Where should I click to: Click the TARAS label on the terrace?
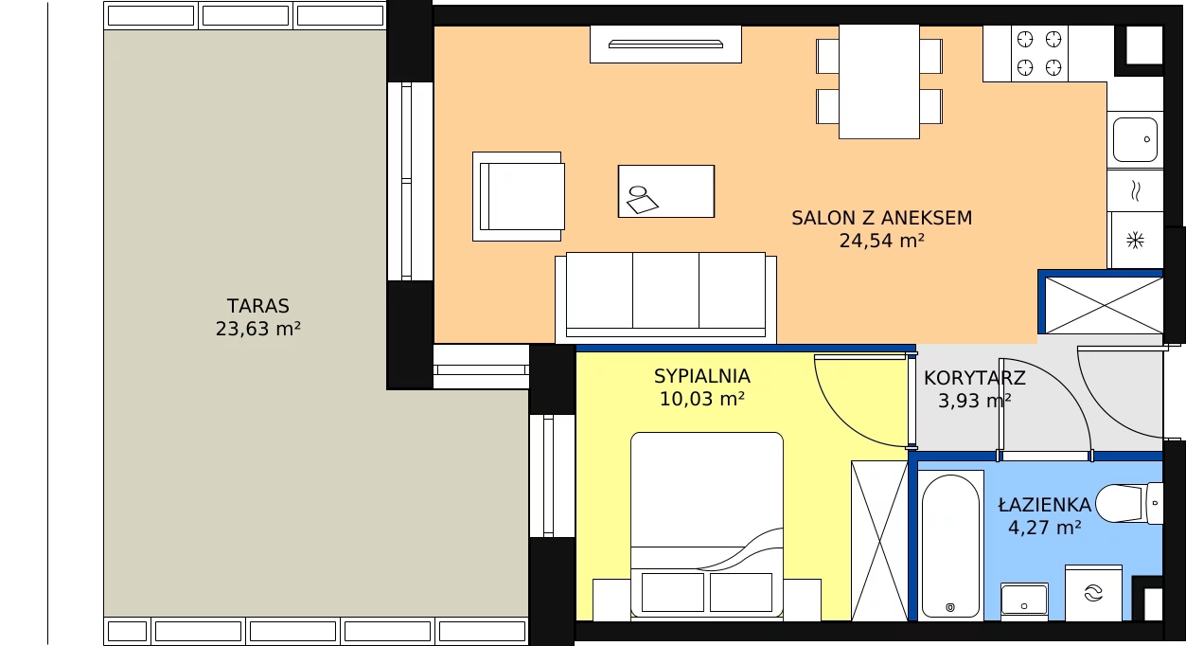pyautogui.click(x=257, y=306)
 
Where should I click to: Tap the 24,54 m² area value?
pyautogui.click(x=881, y=241)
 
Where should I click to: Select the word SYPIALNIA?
pyautogui.click(x=702, y=376)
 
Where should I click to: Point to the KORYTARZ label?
pyautogui.click(x=975, y=378)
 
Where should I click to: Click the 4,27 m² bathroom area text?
pyautogui.click(x=1045, y=528)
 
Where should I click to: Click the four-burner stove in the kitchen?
pyautogui.click(x=1039, y=54)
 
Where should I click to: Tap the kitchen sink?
pyautogui.click(x=1135, y=140)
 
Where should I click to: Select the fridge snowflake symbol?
pyautogui.click(x=1135, y=241)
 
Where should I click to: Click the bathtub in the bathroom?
pyautogui.click(x=950, y=546)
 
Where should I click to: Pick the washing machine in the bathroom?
pyautogui.click(x=1093, y=592)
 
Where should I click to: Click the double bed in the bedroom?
pyautogui.click(x=707, y=525)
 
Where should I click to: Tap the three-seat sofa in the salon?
pyautogui.click(x=665, y=297)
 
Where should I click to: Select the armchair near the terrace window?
pyautogui.click(x=519, y=197)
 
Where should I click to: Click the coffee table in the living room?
pyautogui.click(x=666, y=191)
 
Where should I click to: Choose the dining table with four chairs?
pyautogui.click(x=879, y=81)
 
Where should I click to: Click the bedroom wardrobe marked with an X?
pyautogui.click(x=879, y=541)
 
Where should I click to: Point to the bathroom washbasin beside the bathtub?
pyautogui.click(x=1024, y=601)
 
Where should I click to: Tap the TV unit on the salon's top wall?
pyautogui.click(x=665, y=45)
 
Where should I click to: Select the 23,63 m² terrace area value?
pyautogui.click(x=257, y=329)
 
